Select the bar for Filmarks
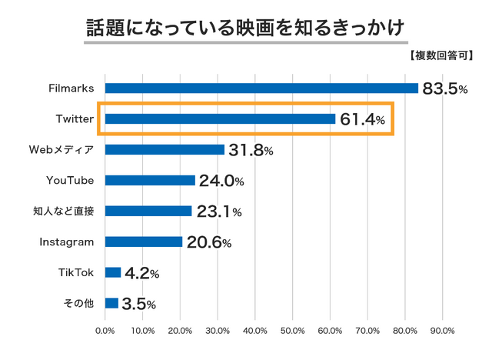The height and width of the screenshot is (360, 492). coord(261,88)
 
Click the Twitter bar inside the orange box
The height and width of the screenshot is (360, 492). coord(220,118)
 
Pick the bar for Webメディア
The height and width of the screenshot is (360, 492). coord(165,149)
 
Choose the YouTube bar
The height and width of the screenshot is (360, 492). coord(150,180)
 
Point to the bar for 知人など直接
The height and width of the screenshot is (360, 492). coord(148,211)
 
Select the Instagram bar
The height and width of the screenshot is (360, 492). coord(144,242)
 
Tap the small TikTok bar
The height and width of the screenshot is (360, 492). coord(113,272)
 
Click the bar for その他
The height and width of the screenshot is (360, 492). coord(111,303)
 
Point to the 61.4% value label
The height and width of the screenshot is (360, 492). coord(362,119)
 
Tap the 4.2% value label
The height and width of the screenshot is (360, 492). coord(142,273)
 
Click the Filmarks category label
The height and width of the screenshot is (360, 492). coord(71,88)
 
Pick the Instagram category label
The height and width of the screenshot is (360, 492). coord(67,242)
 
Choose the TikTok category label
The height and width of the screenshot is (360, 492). coord(76,272)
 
